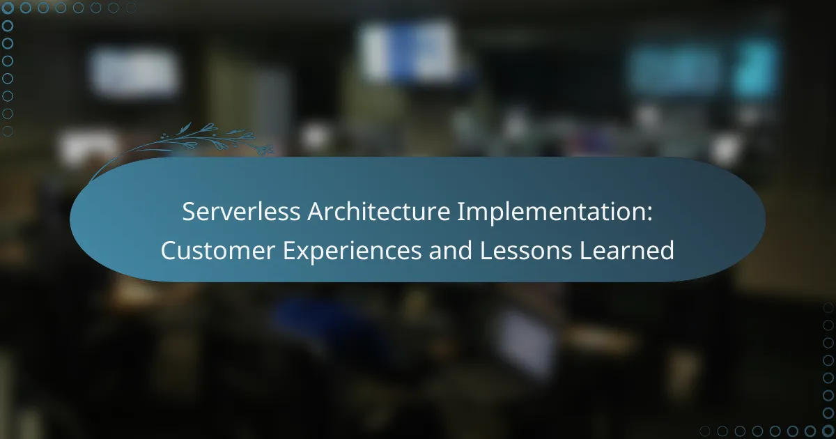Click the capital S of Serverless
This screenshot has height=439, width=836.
tap(189, 213)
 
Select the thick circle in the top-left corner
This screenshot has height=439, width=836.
tap(8, 8)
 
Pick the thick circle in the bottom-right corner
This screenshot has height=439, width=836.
tap(828, 431)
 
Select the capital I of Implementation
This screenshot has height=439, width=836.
tap(460, 213)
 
